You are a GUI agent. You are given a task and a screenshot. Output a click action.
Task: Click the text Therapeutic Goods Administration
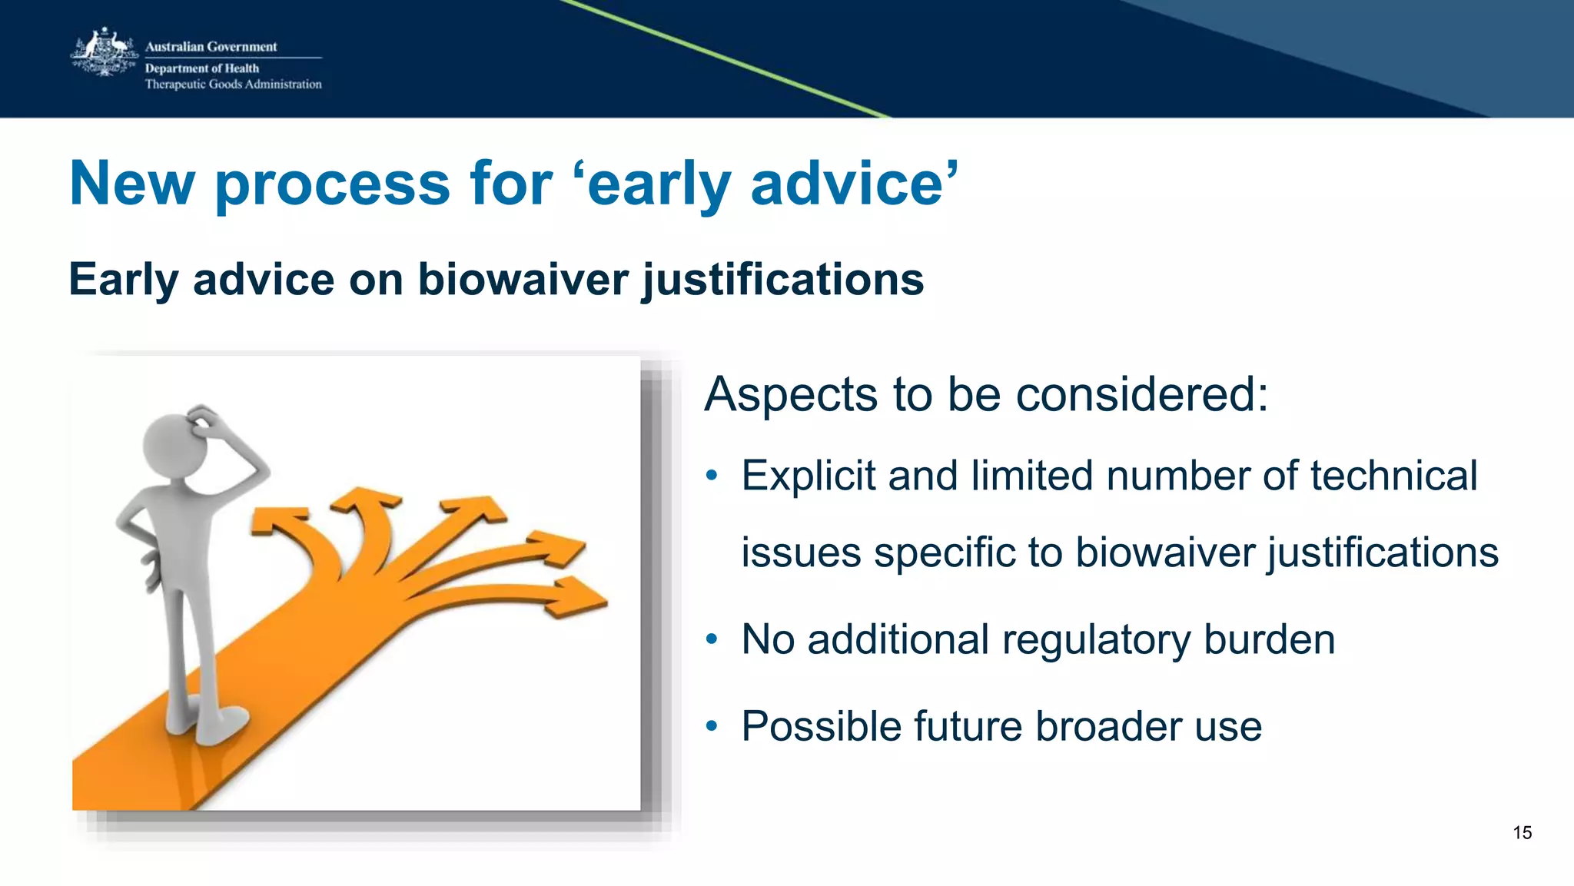233,85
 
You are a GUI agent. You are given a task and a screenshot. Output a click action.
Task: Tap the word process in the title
332,184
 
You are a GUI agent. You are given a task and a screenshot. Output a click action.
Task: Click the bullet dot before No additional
712,639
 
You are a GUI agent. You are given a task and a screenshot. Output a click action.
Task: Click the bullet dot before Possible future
712,726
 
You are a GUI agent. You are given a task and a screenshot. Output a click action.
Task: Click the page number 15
1522,833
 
